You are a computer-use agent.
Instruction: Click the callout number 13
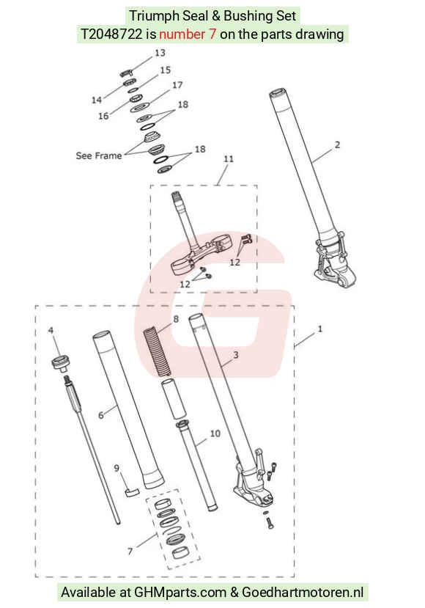[160, 53]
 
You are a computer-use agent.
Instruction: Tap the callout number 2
[338, 144]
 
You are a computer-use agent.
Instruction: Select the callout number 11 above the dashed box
[229, 158]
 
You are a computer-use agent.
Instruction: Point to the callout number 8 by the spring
[176, 319]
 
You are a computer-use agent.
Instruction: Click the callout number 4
[51, 330]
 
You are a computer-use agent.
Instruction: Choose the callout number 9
[117, 468]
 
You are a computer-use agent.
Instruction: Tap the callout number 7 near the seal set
[130, 551]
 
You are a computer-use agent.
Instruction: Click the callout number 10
[215, 433]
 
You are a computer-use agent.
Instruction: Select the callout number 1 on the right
[320, 329]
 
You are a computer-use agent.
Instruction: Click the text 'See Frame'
[99, 155]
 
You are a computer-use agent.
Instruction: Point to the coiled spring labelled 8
[158, 352]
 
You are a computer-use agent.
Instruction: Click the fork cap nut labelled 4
[60, 363]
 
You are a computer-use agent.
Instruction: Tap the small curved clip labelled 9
[132, 491]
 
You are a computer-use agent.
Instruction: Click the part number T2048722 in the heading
[111, 34]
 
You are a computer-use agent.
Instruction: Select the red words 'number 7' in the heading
[188, 34]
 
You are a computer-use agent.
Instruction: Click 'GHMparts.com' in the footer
[180, 592]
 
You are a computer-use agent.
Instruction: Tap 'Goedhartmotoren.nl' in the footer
[303, 592]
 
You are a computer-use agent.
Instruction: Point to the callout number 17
[177, 85]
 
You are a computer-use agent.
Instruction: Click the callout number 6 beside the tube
[100, 415]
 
